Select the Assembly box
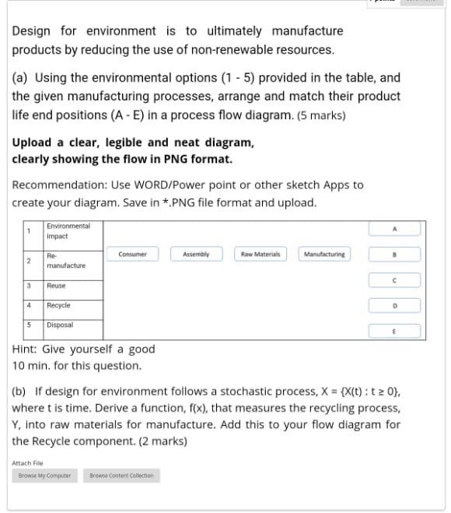tap(196, 255)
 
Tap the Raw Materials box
tap(260, 255)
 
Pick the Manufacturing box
tap(324, 255)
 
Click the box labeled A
tap(394, 229)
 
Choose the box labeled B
tap(394, 255)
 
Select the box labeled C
tap(394, 279)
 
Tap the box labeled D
tap(394, 305)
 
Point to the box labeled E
tap(394, 331)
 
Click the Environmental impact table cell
tap(71, 231)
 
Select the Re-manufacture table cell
tap(71, 261)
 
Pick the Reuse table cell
tap(71, 286)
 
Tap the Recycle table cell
tap(71, 306)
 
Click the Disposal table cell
tap(71, 325)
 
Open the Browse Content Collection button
tap(121, 475)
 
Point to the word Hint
tap(26, 350)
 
